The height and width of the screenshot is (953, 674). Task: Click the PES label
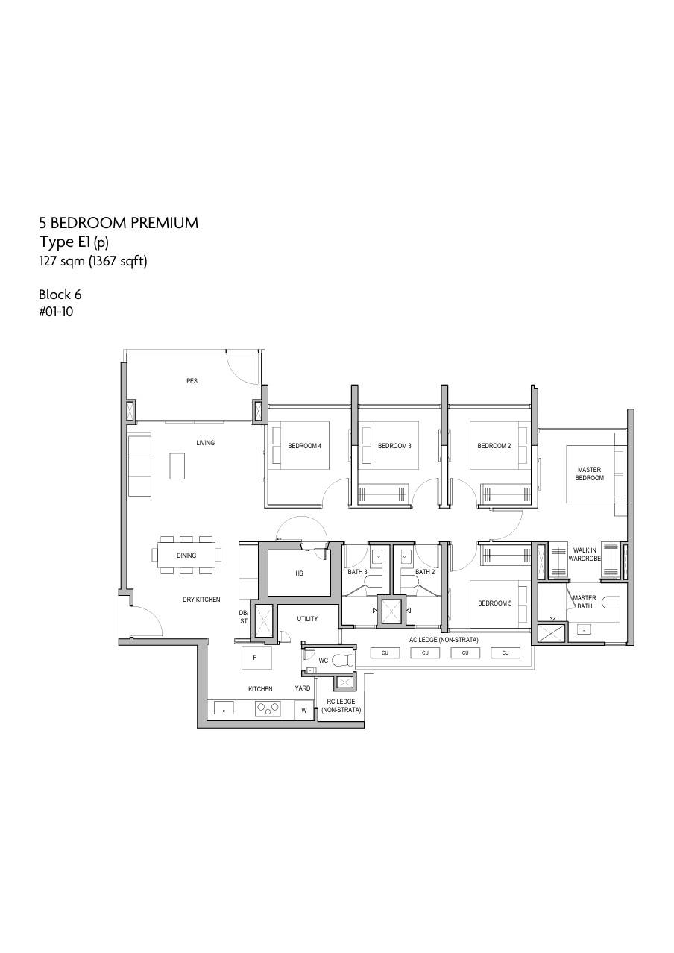click(192, 381)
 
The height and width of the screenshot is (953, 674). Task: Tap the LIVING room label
click(206, 443)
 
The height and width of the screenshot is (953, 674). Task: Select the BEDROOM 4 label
click(305, 446)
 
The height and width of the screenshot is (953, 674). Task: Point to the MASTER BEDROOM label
click(589, 474)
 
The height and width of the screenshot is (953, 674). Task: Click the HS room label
click(299, 573)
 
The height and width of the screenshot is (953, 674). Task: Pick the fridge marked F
click(256, 657)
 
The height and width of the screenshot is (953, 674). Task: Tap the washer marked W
click(303, 711)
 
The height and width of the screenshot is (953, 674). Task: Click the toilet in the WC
click(342, 660)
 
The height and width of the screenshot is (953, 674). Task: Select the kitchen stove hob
click(268, 708)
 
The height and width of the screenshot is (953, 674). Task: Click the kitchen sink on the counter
click(224, 709)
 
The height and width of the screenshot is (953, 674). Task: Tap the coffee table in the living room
click(177, 466)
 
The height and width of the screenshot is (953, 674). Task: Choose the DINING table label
click(186, 556)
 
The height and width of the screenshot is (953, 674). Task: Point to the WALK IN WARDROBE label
click(585, 554)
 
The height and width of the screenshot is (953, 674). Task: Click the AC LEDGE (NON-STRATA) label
click(444, 640)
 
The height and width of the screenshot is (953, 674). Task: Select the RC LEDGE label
click(341, 702)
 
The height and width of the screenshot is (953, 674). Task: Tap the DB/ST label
click(243, 617)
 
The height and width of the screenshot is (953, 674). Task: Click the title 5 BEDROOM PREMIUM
click(119, 223)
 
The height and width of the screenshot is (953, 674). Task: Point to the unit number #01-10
click(56, 312)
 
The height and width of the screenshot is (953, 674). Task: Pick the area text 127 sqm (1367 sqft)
click(93, 261)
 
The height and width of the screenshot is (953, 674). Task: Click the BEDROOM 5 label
click(495, 603)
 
